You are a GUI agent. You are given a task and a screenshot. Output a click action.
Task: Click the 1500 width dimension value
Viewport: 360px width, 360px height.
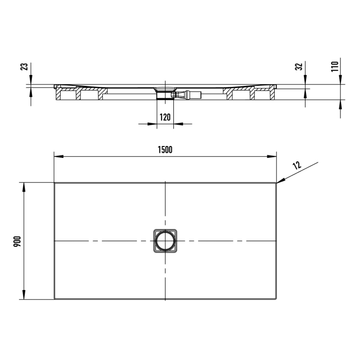pyautogui.click(x=165, y=150)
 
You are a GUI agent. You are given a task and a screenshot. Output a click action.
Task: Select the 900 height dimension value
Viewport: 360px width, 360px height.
pyautogui.click(x=17, y=241)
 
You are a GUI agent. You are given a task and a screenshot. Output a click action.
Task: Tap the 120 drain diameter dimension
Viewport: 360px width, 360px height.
pyautogui.click(x=165, y=117)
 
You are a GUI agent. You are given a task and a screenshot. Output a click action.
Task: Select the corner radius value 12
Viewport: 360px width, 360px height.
pyautogui.click(x=297, y=166)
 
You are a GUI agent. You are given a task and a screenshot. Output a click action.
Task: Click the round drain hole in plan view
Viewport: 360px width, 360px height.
pyautogui.click(x=165, y=241)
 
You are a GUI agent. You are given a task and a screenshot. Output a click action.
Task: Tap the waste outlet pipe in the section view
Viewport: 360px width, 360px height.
pyautogui.click(x=190, y=94)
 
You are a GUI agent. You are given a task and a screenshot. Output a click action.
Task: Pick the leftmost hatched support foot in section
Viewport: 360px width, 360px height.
pyautogui.click(x=67, y=95)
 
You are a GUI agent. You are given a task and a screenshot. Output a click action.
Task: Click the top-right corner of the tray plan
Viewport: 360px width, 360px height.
pyautogui.click(x=276, y=183)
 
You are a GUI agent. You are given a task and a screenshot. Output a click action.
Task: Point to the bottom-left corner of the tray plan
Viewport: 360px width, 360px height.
pyautogui.click(x=55, y=299)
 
